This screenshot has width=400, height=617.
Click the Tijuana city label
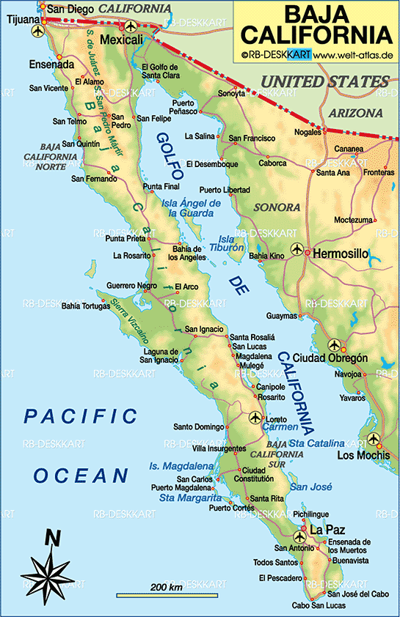tap(21, 20)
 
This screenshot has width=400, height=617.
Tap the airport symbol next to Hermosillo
tap(297, 250)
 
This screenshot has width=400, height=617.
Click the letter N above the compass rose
tap(52, 538)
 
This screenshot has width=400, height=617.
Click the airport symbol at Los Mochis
tap(373, 440)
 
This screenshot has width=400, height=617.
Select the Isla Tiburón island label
tap(232, 244)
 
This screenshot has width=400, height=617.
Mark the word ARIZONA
tap(355, 114)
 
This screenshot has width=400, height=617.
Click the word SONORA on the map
tap(277, 207)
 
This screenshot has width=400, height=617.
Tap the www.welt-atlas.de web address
tap(357, 54)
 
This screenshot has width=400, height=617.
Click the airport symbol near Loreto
tap(255, 418)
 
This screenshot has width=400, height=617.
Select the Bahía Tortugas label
tap(86, 306)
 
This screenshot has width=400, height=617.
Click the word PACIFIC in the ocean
tap(80, 416)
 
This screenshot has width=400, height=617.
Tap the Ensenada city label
tap(51, 64)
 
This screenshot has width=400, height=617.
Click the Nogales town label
tap(308, 132)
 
